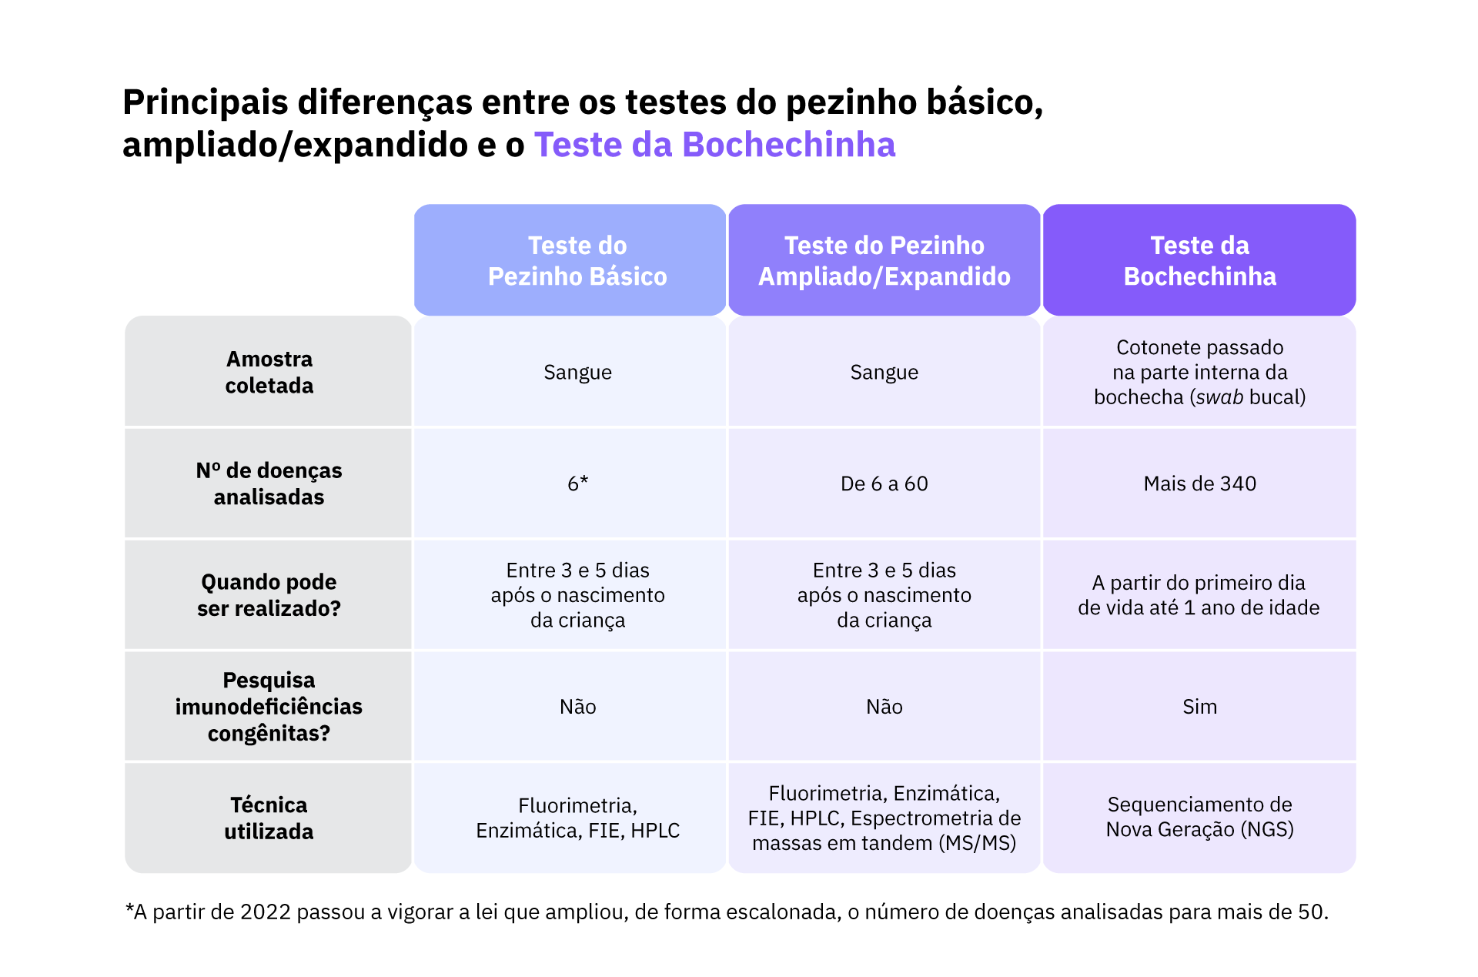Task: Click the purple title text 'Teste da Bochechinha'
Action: pos(714,145)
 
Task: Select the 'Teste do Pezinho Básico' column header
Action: pos(577,261)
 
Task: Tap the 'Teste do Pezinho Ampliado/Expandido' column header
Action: pos(884,261)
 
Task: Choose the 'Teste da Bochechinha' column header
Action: pos(1199,261)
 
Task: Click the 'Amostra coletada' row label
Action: pos(269,372)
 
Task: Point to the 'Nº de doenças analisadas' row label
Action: pos(269,483)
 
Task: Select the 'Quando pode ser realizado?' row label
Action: pos(269,595)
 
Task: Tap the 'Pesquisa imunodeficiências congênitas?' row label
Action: pos(269,707)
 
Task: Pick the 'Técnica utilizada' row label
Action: pos(269,818)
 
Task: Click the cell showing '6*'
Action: pos(577,483)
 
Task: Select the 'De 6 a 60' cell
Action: pos(884,483)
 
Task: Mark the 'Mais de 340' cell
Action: pos(1199,483)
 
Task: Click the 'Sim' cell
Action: pos(1199,707)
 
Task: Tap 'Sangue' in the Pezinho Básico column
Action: pos(577,373)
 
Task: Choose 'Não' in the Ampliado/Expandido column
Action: pos(884,707)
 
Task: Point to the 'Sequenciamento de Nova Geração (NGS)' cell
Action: pos(1199,817)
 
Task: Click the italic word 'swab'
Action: pos(1219,397)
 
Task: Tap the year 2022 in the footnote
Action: pos(265,912)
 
